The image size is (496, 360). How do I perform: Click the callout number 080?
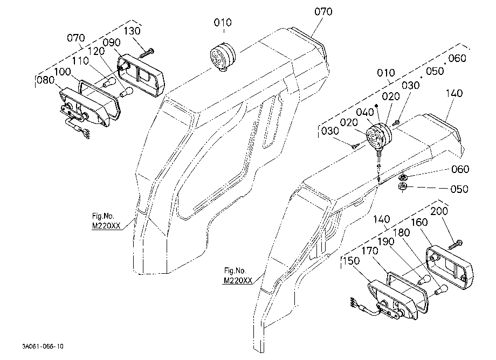coord(46,80)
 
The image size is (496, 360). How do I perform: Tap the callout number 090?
coord(112,43)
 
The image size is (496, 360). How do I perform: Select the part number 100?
coord(63,72)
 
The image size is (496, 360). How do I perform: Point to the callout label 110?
coord(80,61)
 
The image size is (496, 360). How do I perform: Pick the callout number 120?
coord(96,51)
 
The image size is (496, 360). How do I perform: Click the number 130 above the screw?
coord(132,31)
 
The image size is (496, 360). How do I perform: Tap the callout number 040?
coord(365,112)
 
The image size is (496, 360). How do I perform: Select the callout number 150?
coord(351,261)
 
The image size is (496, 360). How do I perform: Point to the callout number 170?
coord(369,251)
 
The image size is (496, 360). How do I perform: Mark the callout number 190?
coord(385,241)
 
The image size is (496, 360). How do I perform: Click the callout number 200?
coord(439,211)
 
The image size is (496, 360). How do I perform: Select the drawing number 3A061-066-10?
coord(43,347)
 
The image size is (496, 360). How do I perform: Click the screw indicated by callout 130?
coord(146,53)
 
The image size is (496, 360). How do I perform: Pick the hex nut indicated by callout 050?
coord(402,187)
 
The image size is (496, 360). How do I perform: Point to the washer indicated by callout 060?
coord(403,177)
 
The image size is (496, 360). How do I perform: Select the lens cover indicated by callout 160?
coord(450,268)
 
